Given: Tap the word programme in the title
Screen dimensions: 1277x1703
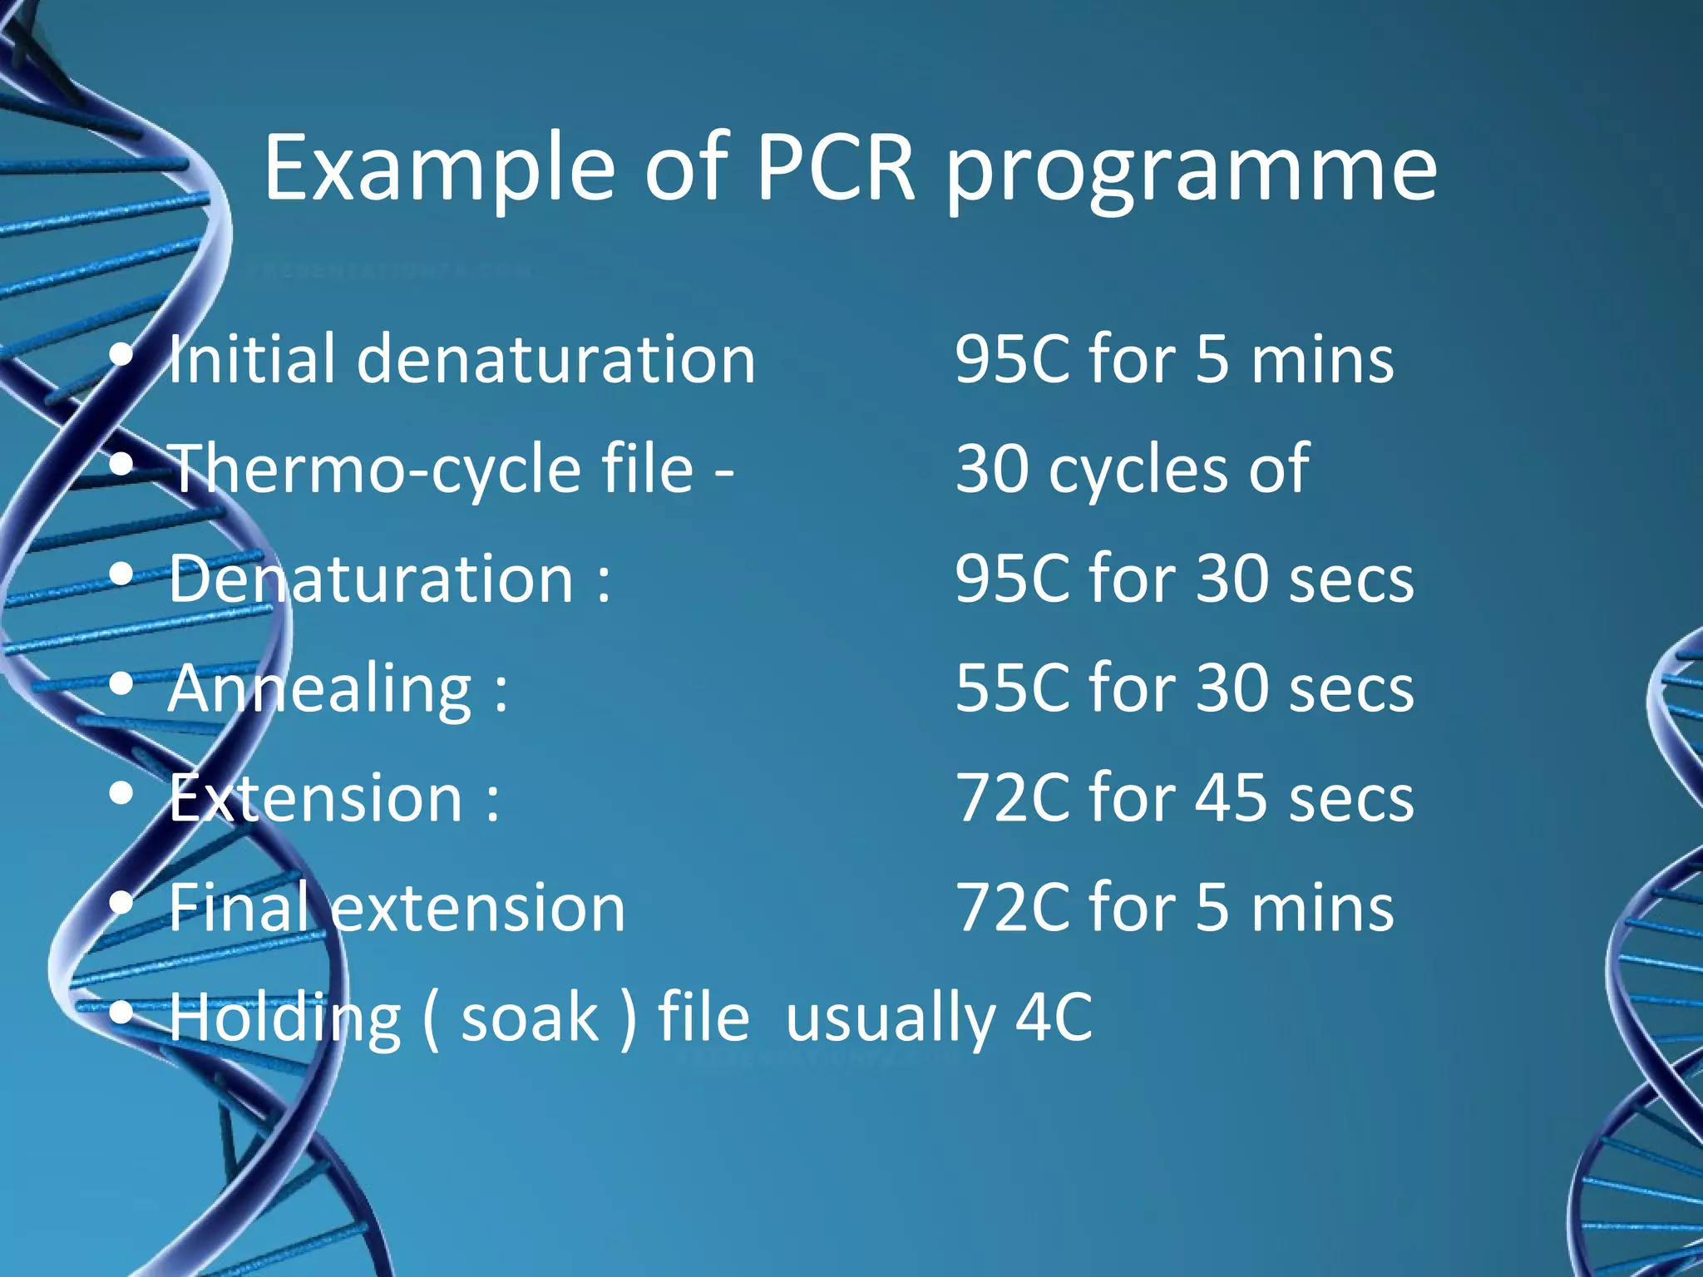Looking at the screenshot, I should pyautogui.click(x=1192, y=175).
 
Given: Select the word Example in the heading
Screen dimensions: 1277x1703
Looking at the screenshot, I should pyautogui.click(x=439, y=170).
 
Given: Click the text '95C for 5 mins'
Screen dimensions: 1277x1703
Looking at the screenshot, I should pyautogui.click(x=1174, y=359).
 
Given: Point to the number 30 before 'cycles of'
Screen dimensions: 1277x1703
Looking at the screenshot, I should pyautogui.click(x=992, y=469).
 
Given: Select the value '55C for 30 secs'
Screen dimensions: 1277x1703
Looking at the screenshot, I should pyautogui.click(x=1184, y=688).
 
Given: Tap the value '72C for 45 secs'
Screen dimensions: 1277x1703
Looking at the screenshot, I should pyautogui.click(x=1184, y=798).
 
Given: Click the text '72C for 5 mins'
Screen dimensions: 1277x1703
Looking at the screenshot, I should pyautogui.click(x=1174, y=908).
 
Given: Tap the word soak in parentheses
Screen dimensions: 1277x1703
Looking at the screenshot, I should pyautogui.click(x=530, y=1018).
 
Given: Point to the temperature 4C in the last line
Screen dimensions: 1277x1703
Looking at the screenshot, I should pyautogui.click(x=1054, y=1018).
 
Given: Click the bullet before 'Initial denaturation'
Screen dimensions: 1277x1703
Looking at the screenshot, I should pyautogui.click(x=121, y=356).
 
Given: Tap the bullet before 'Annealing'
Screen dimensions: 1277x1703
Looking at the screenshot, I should pyautogui.click(x=121, y=685).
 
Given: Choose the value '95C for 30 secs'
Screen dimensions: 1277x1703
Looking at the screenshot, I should pyautogui.click(x=1184, y=579).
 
